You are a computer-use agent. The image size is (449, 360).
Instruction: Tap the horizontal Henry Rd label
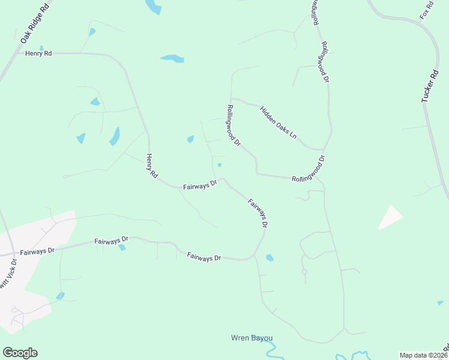(38, 53)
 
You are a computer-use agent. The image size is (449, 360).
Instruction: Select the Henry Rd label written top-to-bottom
(151, 166)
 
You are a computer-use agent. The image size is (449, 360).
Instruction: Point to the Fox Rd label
(427, 10)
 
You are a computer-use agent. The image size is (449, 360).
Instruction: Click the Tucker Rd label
(430, 86)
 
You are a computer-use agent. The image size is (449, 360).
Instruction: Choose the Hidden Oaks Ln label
(278, 122)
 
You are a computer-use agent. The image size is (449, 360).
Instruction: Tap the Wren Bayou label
(252, 338)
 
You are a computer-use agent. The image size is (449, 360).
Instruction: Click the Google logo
(20, 353)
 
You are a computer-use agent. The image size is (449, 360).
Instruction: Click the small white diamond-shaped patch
(390, 217)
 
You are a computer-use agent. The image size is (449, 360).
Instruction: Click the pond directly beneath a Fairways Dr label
(122, 247)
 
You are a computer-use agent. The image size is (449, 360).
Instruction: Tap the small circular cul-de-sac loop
(304, 272)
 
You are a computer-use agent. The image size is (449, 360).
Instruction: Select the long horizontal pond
(172, 59)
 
